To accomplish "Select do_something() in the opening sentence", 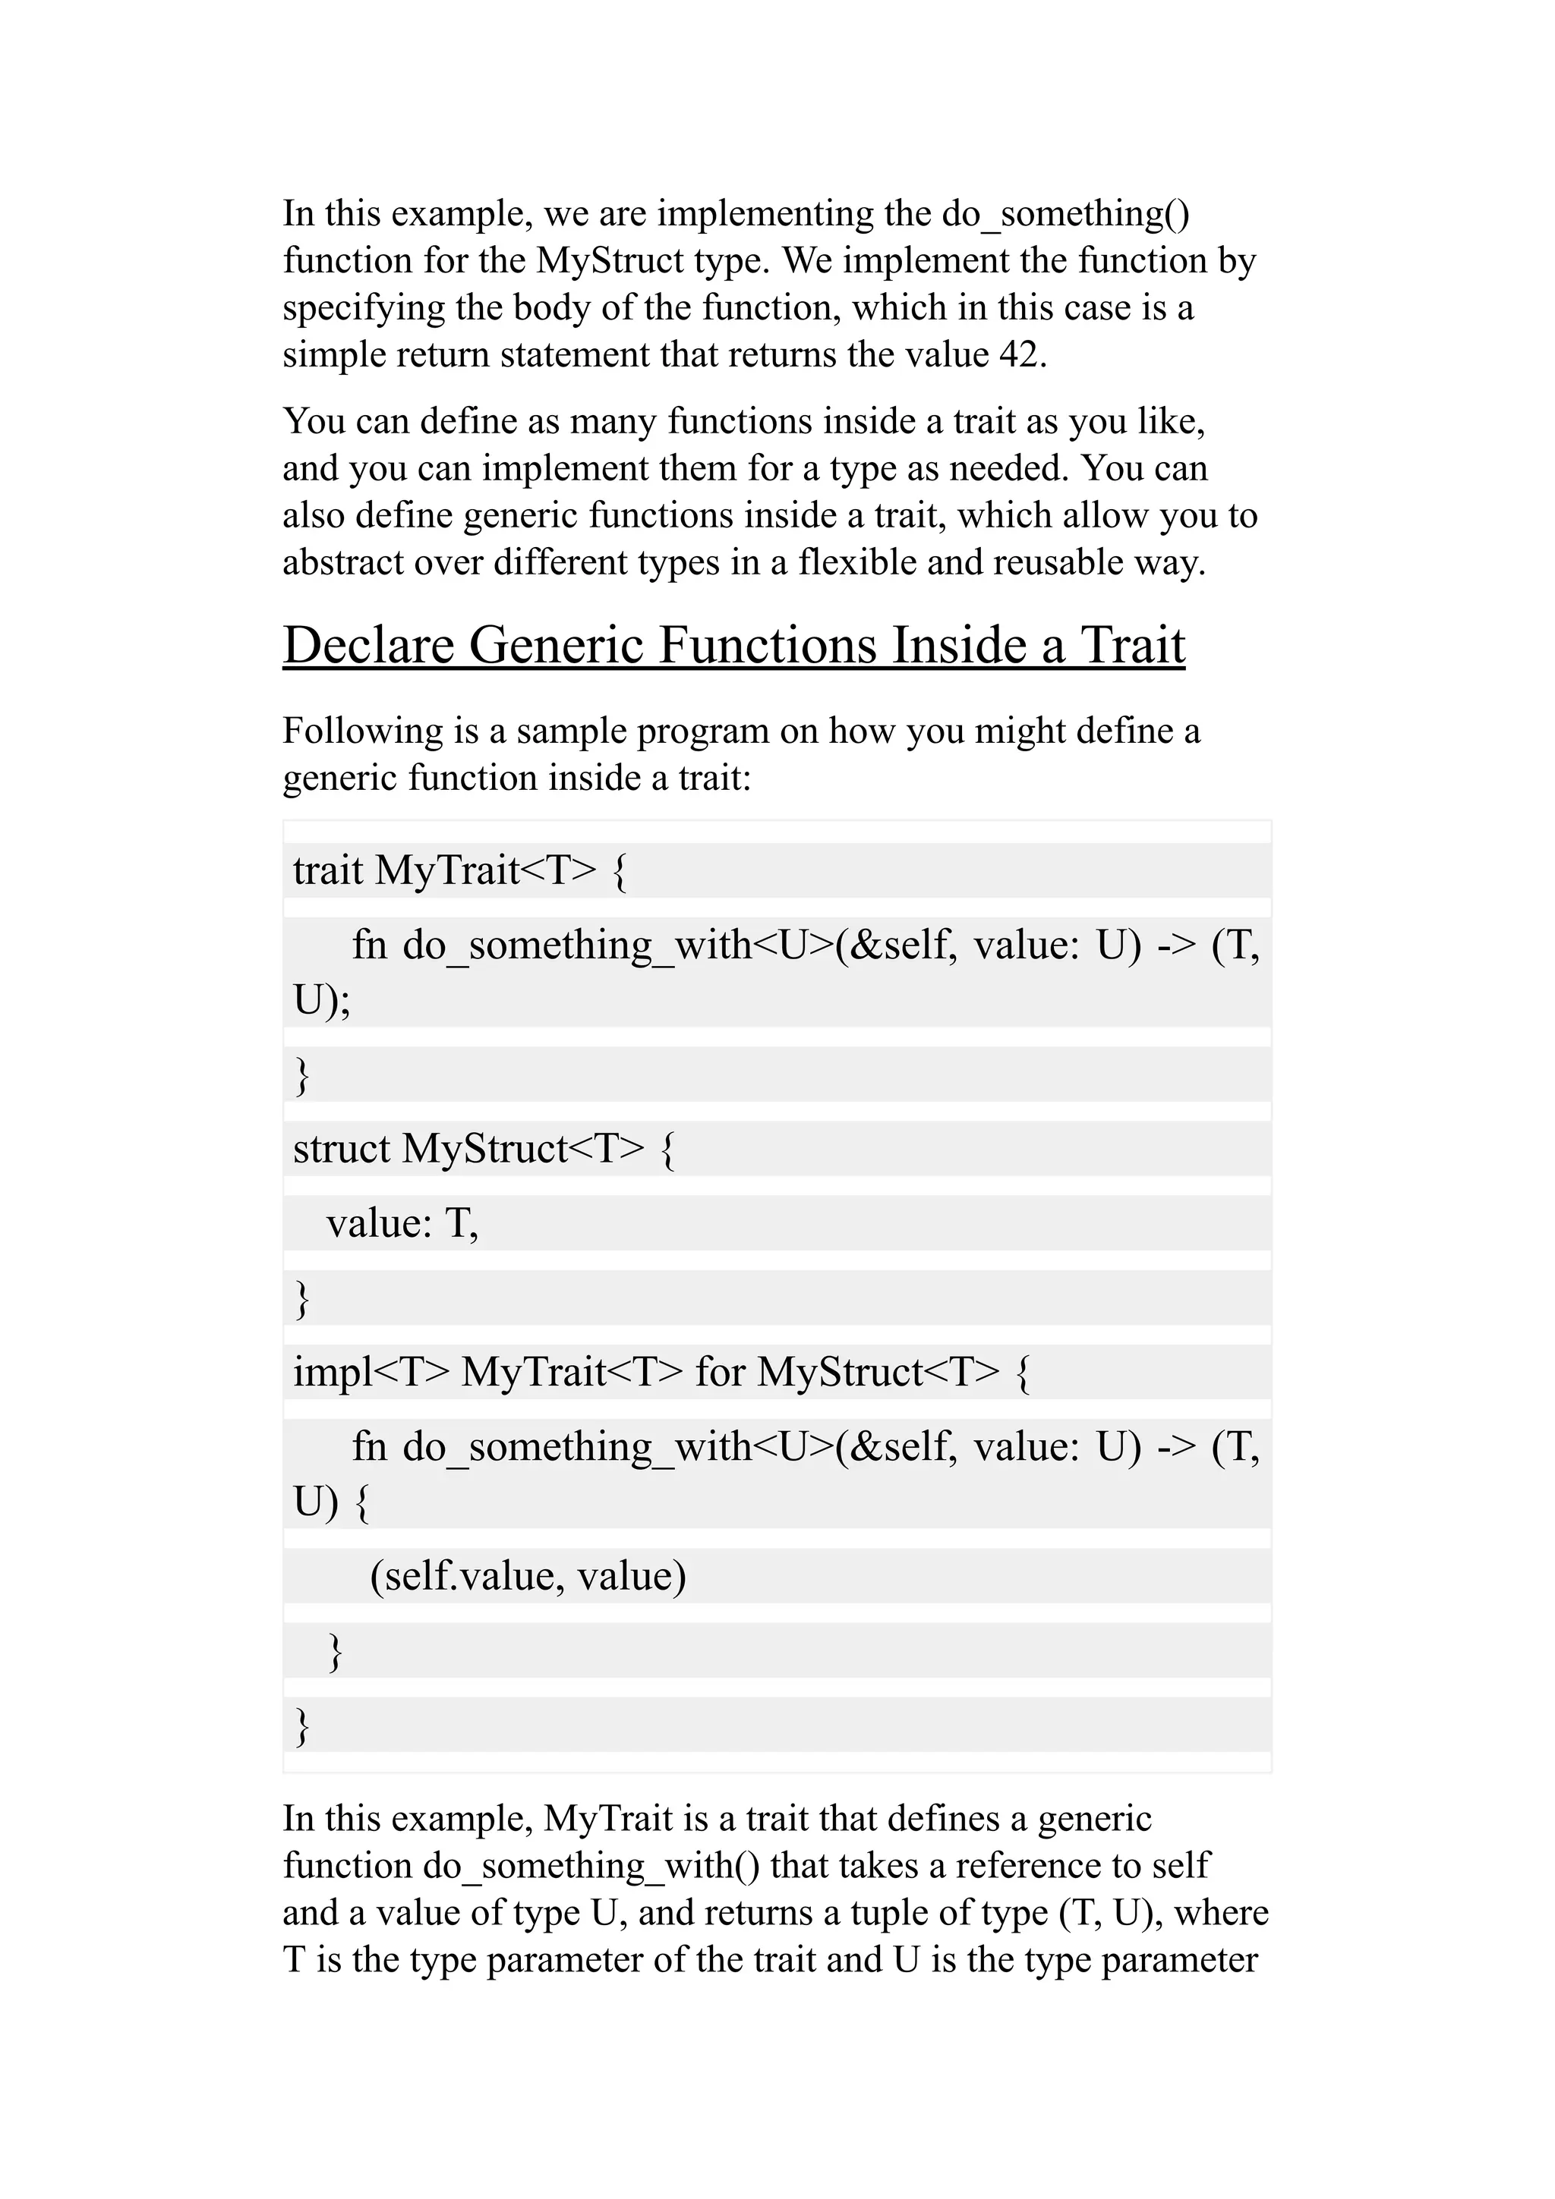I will click(1065, 213).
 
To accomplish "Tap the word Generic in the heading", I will click(556, 644).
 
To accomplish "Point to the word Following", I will click(362, 731).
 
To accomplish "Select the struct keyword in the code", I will click(341, 1148).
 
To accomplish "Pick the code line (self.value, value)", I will click(528, 1575).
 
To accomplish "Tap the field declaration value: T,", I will click(402, 1223).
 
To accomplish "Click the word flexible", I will click(857, 562).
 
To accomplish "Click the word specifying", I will click(362, 308).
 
